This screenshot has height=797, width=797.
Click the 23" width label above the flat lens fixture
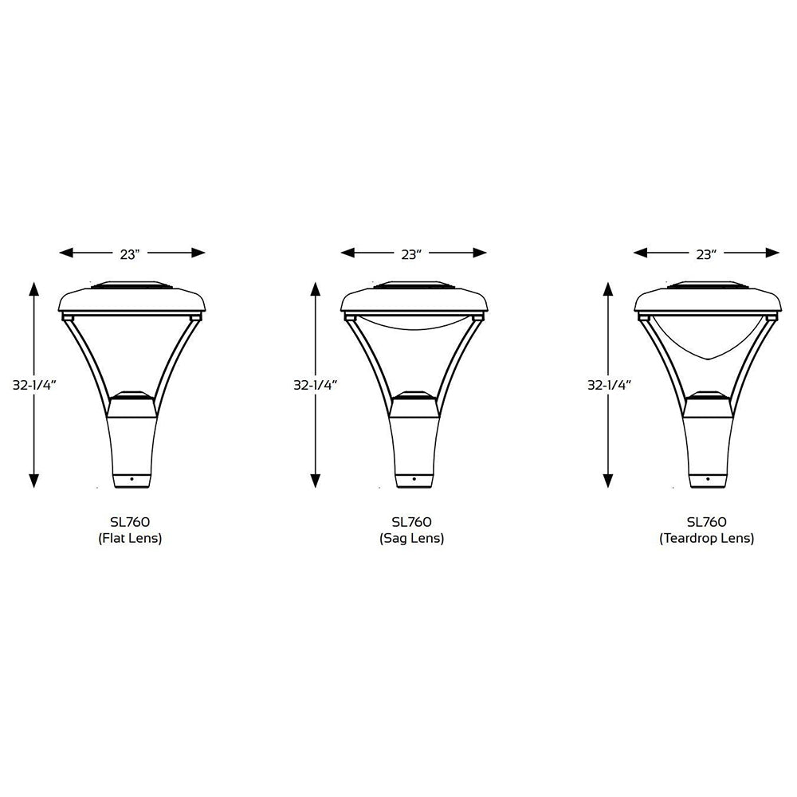131,254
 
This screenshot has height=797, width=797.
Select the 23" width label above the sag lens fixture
410,254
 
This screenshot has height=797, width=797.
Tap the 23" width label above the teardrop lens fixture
705,254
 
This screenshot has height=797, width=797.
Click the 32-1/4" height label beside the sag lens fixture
316,384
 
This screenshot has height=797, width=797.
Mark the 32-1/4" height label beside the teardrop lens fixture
609,384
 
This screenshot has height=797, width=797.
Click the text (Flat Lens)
131,539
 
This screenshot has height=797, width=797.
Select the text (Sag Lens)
411,539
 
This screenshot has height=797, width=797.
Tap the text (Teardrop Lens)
706,539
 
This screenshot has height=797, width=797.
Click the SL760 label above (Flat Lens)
131,522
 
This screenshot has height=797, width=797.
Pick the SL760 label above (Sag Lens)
411,522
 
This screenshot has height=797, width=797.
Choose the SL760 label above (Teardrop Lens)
706,522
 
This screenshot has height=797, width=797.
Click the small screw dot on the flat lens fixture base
132,479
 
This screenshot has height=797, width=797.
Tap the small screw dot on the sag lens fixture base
414,479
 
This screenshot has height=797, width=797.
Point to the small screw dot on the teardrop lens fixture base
707,479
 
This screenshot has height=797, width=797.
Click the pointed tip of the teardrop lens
706,361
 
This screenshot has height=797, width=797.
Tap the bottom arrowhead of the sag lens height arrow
316,481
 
